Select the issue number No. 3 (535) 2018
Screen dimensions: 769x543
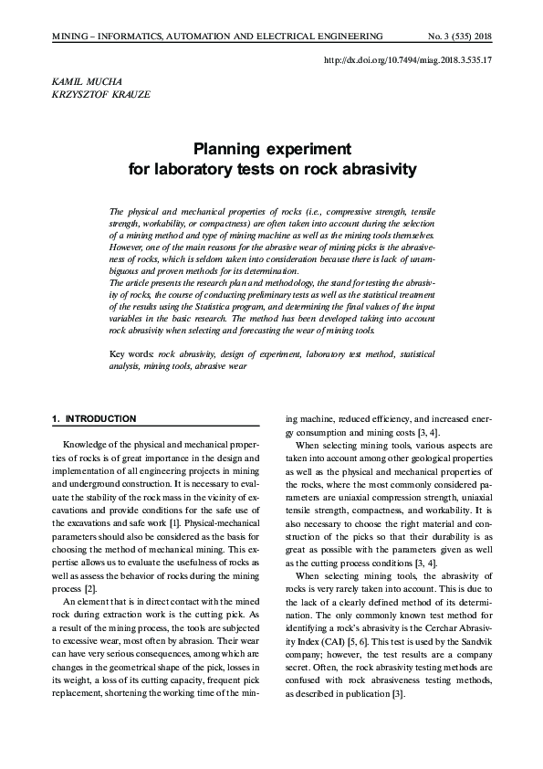[460, 36]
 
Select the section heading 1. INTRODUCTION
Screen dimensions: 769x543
[94, 418]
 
